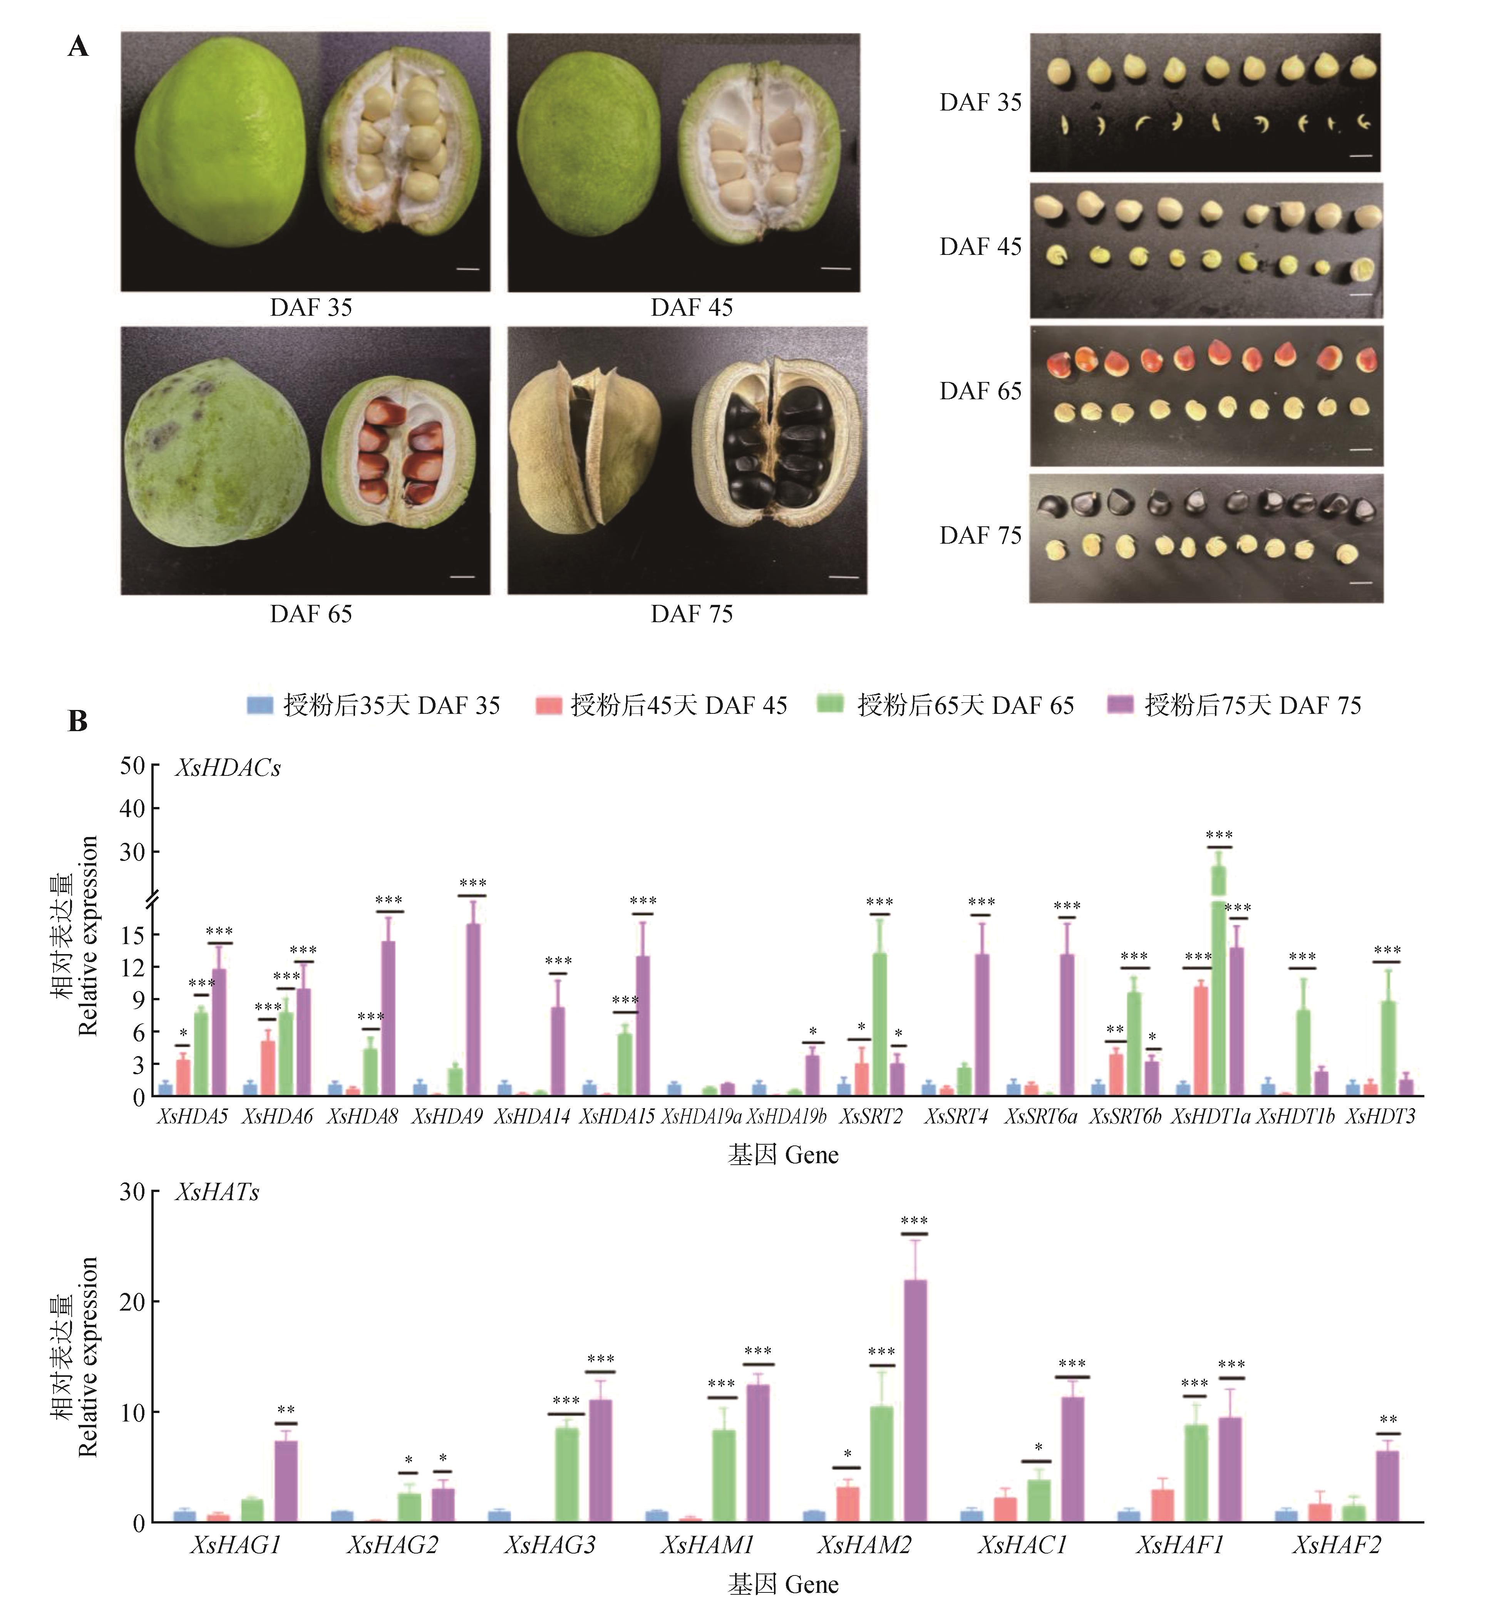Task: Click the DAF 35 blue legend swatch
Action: tap(259, 705)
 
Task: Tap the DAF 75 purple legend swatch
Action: tap(1120, 705)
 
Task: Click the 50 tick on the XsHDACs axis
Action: tap(132, 766)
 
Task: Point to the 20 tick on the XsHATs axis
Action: tap(132, 1301)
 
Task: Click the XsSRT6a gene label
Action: tap(1040, 1117)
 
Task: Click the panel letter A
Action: tap(78, 47)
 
